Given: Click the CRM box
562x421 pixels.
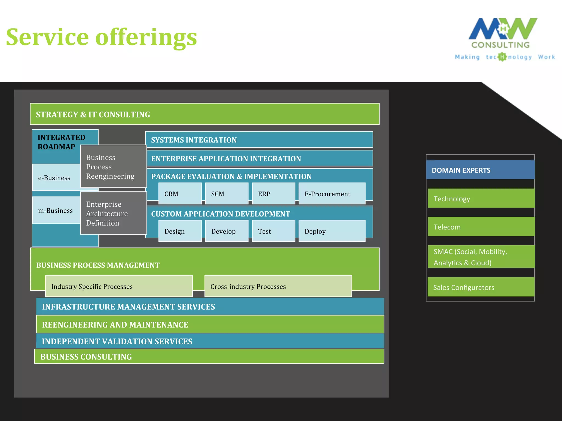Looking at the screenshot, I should pos(180,194).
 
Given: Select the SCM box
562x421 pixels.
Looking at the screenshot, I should pos(226,194).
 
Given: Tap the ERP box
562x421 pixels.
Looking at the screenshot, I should pos(273,194).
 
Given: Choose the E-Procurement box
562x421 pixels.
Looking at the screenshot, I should pos(332,194).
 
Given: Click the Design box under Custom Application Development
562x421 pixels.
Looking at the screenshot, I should pos(180,231).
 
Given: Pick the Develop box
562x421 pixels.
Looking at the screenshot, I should pos(226,231).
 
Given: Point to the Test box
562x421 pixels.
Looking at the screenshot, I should pos(273,231).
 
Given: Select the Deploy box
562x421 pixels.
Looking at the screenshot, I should pos(332,231).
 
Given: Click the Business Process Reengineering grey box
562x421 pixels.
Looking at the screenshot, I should pos(113,166).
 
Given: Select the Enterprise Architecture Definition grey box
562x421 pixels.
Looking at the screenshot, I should pos(113,213).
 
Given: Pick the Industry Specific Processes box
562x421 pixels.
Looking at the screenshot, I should pos(119,286).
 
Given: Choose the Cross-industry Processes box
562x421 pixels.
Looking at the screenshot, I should pos(278,286).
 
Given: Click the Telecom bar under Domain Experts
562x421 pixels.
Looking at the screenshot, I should pos(481,227).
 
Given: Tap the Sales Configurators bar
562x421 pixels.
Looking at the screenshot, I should pos(481,287).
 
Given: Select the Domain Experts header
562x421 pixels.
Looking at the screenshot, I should pos(480,170).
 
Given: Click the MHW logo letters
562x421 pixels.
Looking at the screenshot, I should pos(503,29).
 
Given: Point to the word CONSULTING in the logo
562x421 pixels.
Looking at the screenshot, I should pos(501,45).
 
